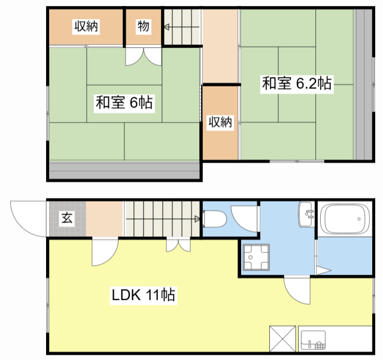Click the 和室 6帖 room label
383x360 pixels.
(x=124, y=102)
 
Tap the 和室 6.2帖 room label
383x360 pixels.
(x=297, y=83)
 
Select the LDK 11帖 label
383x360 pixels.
(x=144, y=295)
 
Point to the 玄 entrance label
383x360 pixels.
(x=67, y=218)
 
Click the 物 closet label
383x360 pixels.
(x=143, y=26)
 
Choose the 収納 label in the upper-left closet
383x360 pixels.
(x=86, y=26)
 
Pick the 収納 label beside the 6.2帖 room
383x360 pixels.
(x=220, y=122)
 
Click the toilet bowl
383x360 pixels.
(x=214, y=219)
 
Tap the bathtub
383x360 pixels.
(x=345, y=219)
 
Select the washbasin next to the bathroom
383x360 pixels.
(x=306, y=214)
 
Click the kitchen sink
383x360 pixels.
(x=313, y=340)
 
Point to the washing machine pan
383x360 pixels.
(x=256, y=257)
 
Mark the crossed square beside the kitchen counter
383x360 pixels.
(x=282, y=338)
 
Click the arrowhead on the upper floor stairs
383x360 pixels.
(x=166, y=27)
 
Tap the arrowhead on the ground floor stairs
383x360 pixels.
(x=197, y=219)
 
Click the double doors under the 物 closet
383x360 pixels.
(x=144, y=57)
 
